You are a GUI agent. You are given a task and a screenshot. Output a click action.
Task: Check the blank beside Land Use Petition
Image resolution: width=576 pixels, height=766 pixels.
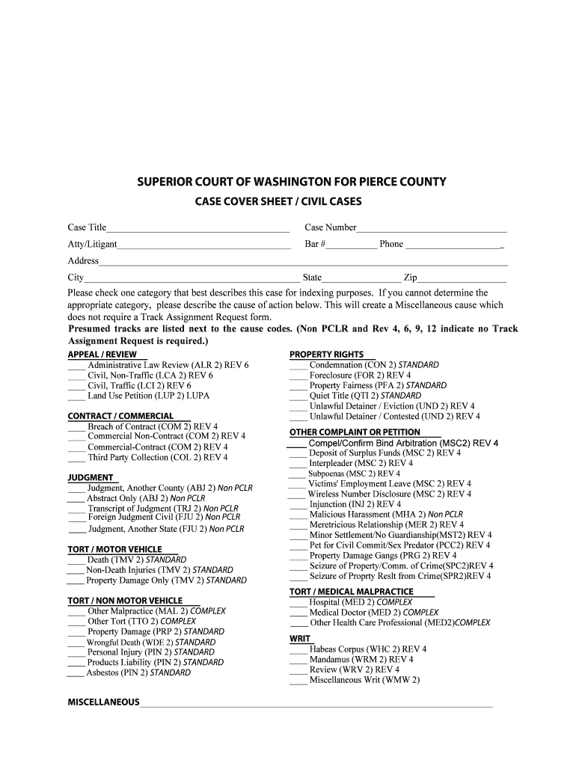[x=76, y=396]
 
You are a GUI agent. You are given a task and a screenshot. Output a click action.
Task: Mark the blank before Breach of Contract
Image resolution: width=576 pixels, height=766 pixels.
[x=76, y=428]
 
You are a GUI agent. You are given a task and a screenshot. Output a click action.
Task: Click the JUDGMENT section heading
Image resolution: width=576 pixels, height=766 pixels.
[x=91, y=477]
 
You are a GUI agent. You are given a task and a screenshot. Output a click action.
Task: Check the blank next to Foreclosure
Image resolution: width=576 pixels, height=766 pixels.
[x=298, y=376]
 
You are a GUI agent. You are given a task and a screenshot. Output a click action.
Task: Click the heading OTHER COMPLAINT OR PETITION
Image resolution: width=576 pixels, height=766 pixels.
[x=355, y=432]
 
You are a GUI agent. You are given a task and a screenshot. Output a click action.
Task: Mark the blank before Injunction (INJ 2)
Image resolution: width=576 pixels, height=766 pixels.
[x=298, y=505]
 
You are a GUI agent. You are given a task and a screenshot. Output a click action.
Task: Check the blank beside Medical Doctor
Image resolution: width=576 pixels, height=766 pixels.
[x=298, y=613]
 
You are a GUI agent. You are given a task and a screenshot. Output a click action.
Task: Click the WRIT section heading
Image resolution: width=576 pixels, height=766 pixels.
[x=300, y=639]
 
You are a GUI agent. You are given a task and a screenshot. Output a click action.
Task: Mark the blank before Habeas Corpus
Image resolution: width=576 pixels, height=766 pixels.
[x=298, y=650]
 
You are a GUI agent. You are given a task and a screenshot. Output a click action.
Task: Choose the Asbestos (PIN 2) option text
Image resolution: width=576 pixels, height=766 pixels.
[x=138, y=672]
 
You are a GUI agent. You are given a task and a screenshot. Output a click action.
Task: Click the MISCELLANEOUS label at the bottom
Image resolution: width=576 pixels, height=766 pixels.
[x=103, y=702]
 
